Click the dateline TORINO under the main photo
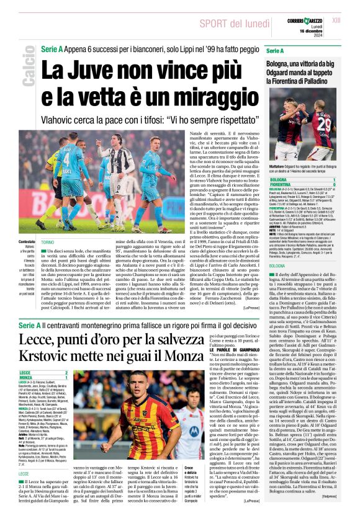[47, 244]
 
